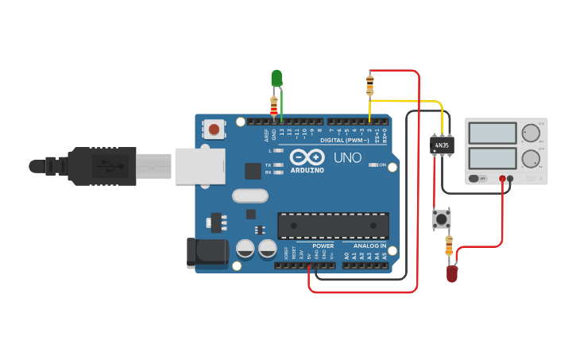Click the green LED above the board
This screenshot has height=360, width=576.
[276, 78]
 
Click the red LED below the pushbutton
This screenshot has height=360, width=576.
[451, 273]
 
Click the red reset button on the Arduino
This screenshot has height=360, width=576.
[214, 129]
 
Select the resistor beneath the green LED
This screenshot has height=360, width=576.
[275, 106]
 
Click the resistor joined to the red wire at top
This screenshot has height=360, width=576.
[369, 81]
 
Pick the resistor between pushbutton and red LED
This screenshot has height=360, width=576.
[449, 246]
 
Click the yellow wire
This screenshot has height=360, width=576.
[405, 101]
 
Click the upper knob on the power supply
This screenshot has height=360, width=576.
[530, 133]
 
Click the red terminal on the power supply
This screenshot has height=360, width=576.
[503, 179]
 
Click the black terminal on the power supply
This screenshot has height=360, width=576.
[511, 179]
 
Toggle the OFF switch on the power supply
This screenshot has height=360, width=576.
[478, 179]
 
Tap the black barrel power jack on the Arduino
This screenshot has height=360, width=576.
[205, 253]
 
